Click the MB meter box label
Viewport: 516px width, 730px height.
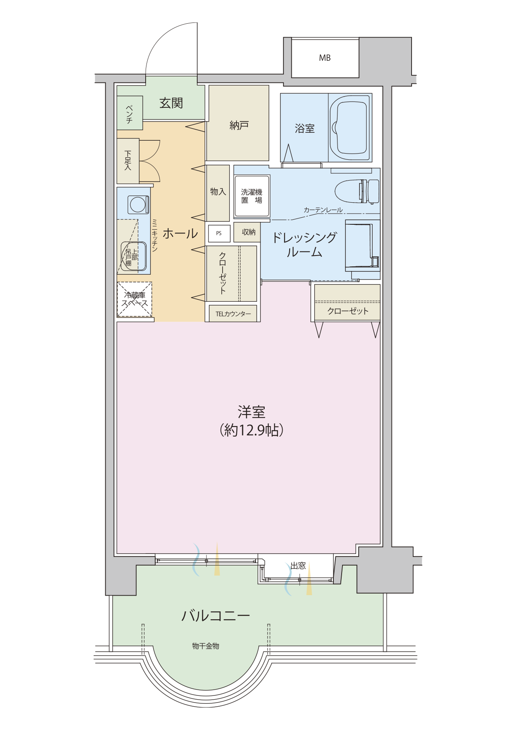coord(325,58)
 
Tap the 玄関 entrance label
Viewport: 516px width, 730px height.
coord(171,103)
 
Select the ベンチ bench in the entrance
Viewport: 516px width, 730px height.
coord(129,113)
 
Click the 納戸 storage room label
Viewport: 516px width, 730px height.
coord(239,125)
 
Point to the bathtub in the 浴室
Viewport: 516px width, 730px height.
coord(350,128)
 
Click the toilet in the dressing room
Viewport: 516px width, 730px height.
coord(357,191)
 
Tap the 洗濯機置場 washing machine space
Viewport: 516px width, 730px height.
coord(252,196)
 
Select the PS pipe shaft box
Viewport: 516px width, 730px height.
coord(219,233)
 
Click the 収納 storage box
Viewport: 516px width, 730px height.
coord(248,232)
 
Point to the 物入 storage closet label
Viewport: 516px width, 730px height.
coord(218,191)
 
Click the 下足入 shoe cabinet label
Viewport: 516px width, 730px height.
coord(128,160)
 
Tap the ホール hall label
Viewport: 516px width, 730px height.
coord(180,233)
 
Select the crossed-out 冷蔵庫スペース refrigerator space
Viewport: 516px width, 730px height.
coord(134,300)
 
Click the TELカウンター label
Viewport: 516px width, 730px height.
coord(233,314)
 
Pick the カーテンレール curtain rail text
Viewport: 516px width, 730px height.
coord(323,210)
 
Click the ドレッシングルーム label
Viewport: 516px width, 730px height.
coord(304,245)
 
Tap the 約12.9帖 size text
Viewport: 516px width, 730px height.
coord(252,430)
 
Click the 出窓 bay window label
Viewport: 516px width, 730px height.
coord(298,566)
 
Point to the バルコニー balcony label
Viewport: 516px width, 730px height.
coord(216,616)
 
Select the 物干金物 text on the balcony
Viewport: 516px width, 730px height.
coord(206,646)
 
